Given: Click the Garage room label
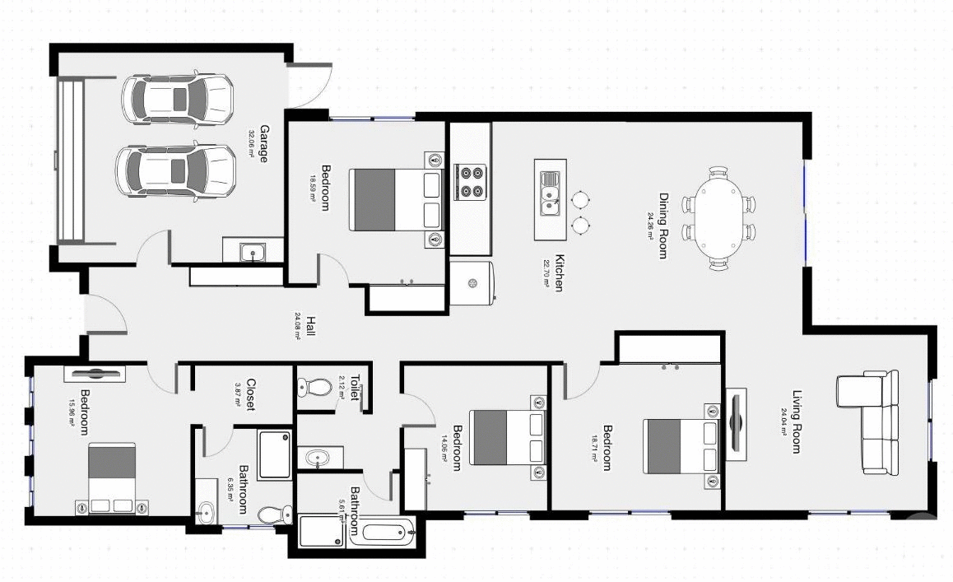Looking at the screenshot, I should click(264, 143).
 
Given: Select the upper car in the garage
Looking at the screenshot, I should click(177, 99).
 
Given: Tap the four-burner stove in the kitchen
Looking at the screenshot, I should click(472, 182).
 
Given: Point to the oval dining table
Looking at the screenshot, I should click(718, 218).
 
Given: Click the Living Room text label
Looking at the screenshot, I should click(797, 421).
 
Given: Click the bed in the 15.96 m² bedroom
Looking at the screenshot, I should click(112, 477).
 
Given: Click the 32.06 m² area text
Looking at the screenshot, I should click(251, 143).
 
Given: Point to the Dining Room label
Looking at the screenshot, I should click(662, 226).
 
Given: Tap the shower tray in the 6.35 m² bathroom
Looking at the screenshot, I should click(274, 454).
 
